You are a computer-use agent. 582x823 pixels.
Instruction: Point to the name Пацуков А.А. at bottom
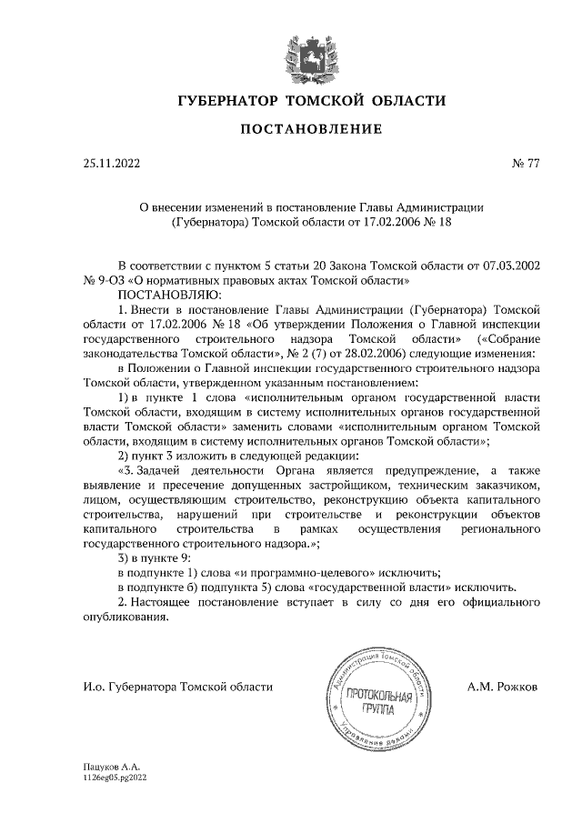pyautogui.click(x=107, y=768)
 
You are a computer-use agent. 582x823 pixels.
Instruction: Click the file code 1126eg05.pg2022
pyautogui.click(x=114, y=778)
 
